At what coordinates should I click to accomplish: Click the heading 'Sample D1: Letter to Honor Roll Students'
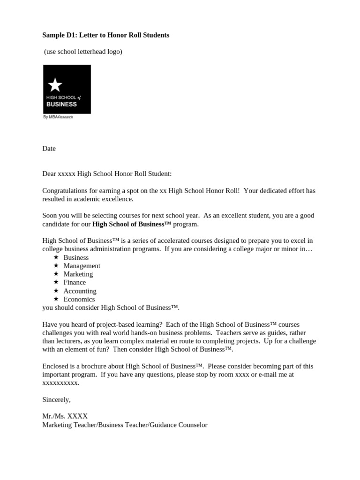point(106,35)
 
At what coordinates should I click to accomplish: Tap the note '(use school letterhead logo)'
point(83,52)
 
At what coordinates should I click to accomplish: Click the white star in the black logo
point(55,85)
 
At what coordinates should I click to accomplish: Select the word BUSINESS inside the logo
point(61,104)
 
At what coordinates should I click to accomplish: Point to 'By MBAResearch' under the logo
point(58,117)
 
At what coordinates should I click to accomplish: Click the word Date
point(49,149)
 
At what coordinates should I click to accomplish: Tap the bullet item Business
point(76,257)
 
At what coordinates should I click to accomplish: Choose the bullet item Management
point(82,266)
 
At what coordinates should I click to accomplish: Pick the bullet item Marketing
point(78,274)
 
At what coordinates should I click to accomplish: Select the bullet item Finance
point(75,282)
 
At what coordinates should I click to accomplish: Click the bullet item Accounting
point(80,291)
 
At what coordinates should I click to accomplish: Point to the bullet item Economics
point(79,299)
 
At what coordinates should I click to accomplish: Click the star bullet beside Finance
point(56,282)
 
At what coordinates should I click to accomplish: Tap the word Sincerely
point(56,399)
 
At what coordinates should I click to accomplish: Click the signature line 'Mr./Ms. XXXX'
point(65,416)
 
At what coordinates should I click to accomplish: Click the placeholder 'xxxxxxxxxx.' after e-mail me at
point(61,382)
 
